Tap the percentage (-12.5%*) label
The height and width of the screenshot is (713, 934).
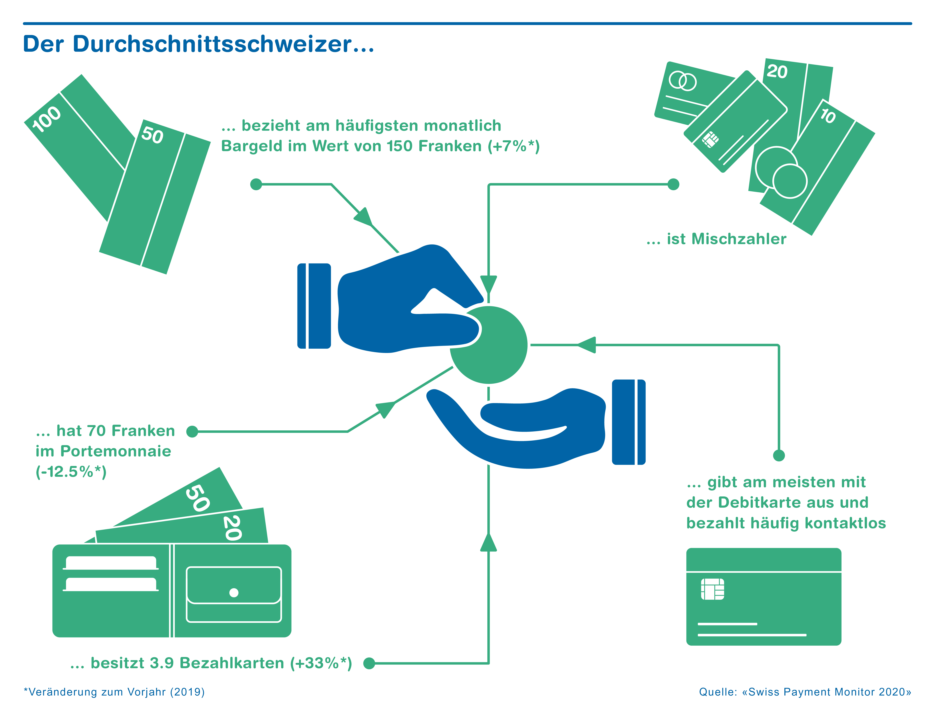pos(71,471)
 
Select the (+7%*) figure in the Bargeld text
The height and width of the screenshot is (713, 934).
pos(513,146)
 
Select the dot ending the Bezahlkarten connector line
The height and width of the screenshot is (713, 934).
pos(369,663)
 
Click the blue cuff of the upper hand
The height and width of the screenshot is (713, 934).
pos(314,306)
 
